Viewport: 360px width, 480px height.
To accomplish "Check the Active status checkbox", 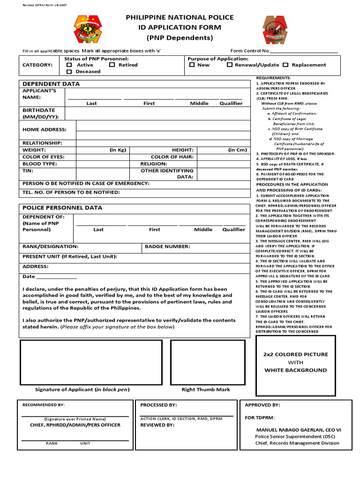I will point(69,65).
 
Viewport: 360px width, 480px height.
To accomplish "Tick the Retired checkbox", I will point(112,65).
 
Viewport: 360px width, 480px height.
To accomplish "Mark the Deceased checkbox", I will point(69,72).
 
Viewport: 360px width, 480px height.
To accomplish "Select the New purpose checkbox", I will point(192,65).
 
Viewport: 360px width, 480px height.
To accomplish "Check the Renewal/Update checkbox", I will point(229,65).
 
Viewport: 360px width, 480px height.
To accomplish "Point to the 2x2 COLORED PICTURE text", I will point(295,355).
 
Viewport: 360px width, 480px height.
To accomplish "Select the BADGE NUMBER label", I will point(167,247).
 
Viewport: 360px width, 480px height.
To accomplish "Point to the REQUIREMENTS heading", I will point(274,78).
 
